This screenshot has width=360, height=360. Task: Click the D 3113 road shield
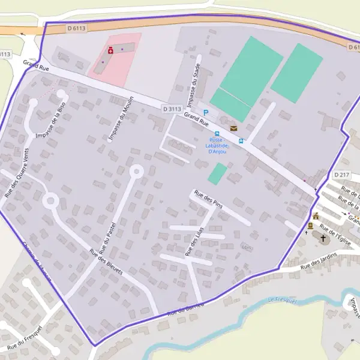(172, 109)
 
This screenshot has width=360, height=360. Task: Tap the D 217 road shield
(341, 175)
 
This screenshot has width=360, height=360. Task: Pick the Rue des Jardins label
(319, 260)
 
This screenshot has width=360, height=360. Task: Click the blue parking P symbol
(206, 113)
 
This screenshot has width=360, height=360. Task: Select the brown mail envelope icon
(233, 128)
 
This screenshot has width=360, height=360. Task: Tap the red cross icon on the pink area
(110, 52)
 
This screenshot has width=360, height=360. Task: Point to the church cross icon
(323, 238)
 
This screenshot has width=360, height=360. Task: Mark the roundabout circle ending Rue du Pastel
(136, 172)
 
